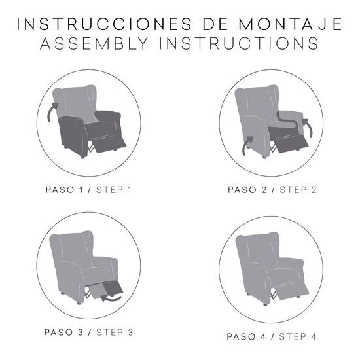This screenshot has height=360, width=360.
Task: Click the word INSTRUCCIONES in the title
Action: tap(104, 24)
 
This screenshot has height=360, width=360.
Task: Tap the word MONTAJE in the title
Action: tap(291, 24)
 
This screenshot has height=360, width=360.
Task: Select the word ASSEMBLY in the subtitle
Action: tap(94, 43)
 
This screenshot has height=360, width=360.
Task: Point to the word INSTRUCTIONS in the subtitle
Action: tap(239, 43)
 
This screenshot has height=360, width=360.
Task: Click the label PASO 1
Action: tap(64, 190)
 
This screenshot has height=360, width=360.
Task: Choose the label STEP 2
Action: tap(298, 190)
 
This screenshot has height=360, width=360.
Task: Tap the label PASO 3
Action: tap(63, 333)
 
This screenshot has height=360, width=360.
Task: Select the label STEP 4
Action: tap(298, 337)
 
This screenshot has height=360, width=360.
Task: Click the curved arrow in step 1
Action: tap(51, 111)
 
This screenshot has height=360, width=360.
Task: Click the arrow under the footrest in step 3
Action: tap(111, 298)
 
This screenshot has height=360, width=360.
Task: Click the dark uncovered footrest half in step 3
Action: tap(113, 288)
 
